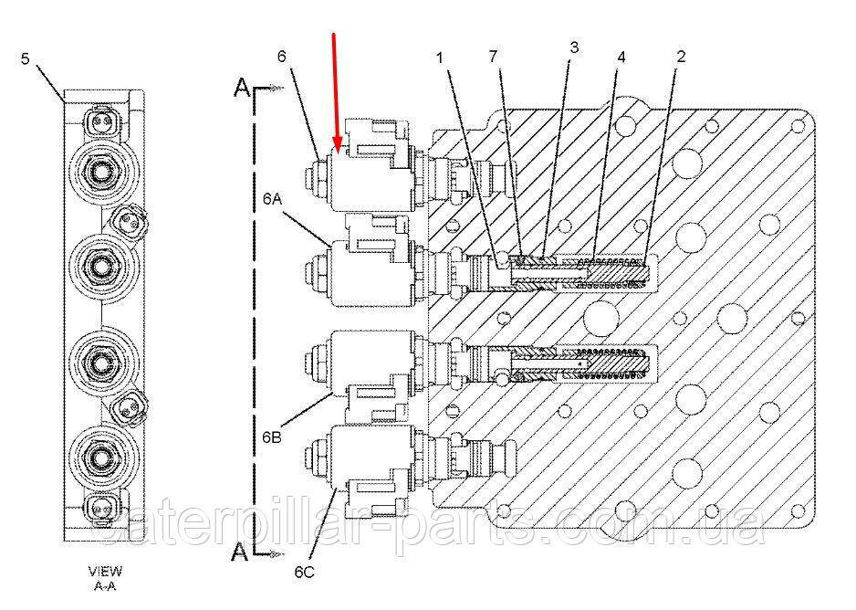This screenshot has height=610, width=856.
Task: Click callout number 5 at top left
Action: tap(26, 58)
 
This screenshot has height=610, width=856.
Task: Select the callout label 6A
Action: tap(272, 199)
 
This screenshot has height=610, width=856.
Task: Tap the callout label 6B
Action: tap(271, 436)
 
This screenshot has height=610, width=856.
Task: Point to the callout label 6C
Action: tap(304, 573)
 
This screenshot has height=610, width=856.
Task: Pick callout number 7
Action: tap(494, 57)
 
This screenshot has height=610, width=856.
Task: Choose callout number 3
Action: tap(574, 47)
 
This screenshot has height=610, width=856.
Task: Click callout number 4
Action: tap(621, 57)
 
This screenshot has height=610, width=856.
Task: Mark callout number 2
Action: tap(681, 57)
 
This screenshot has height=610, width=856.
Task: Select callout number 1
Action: tap(441, 57)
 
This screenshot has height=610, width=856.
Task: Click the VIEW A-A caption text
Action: tap(105, 579)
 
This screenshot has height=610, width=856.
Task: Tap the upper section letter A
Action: tap(243, 88)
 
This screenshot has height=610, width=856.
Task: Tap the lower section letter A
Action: tap(240, 552)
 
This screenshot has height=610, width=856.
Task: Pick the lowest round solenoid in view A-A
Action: tap(102, 457)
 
